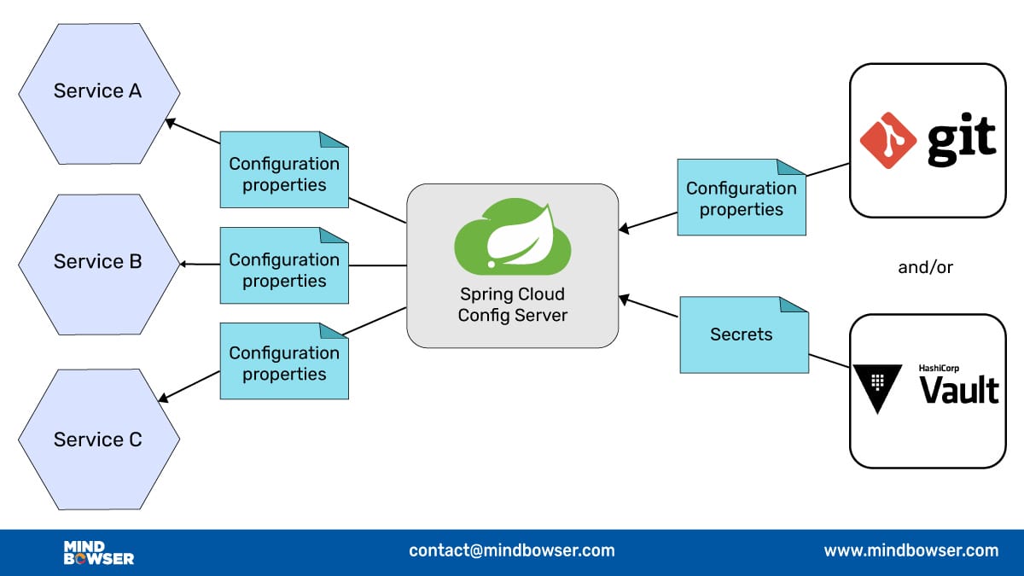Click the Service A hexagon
coord(98,91)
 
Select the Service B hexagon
coord(98,262)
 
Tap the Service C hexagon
coord(98,439)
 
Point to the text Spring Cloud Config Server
coord(512,305)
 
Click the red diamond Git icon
coord(888,140)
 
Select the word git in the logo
coord(961,141)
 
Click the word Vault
coord(958,390)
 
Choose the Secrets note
coord(743,335)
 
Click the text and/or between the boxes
coord(925,267)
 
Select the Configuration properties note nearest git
coord(742,198)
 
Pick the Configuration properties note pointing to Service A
coord(284,173)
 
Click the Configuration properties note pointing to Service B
coord(284,270)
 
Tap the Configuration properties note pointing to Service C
coord(284,364)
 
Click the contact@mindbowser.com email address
coord(511,550)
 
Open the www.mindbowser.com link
coord(911,550)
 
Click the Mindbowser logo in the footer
coord(98,552)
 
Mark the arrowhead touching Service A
coord(170,122)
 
